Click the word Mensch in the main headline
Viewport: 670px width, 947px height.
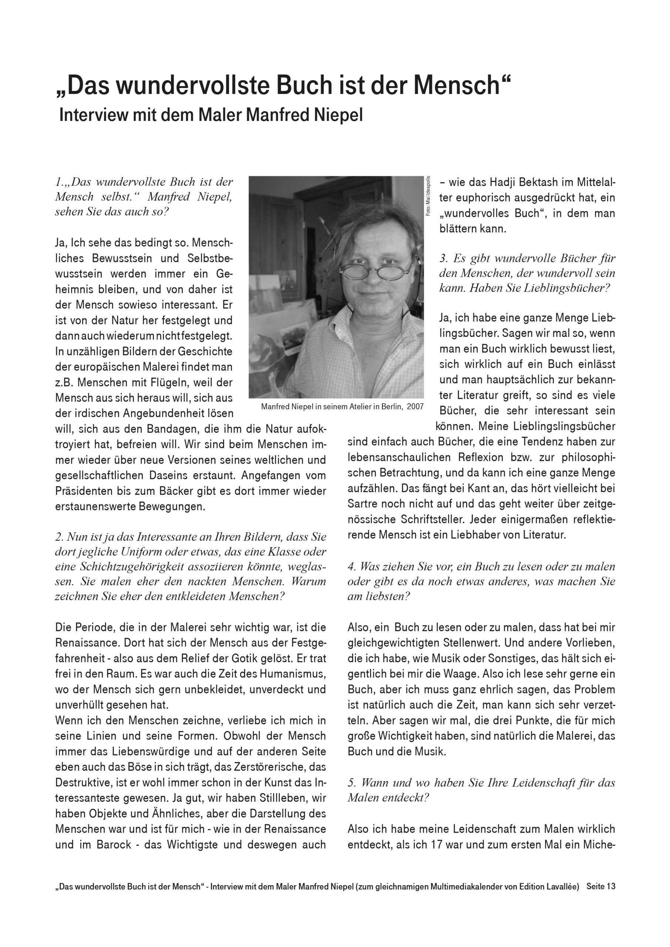(x=456, y=85)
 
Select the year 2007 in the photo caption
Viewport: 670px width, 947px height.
(x=415, y=407)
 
